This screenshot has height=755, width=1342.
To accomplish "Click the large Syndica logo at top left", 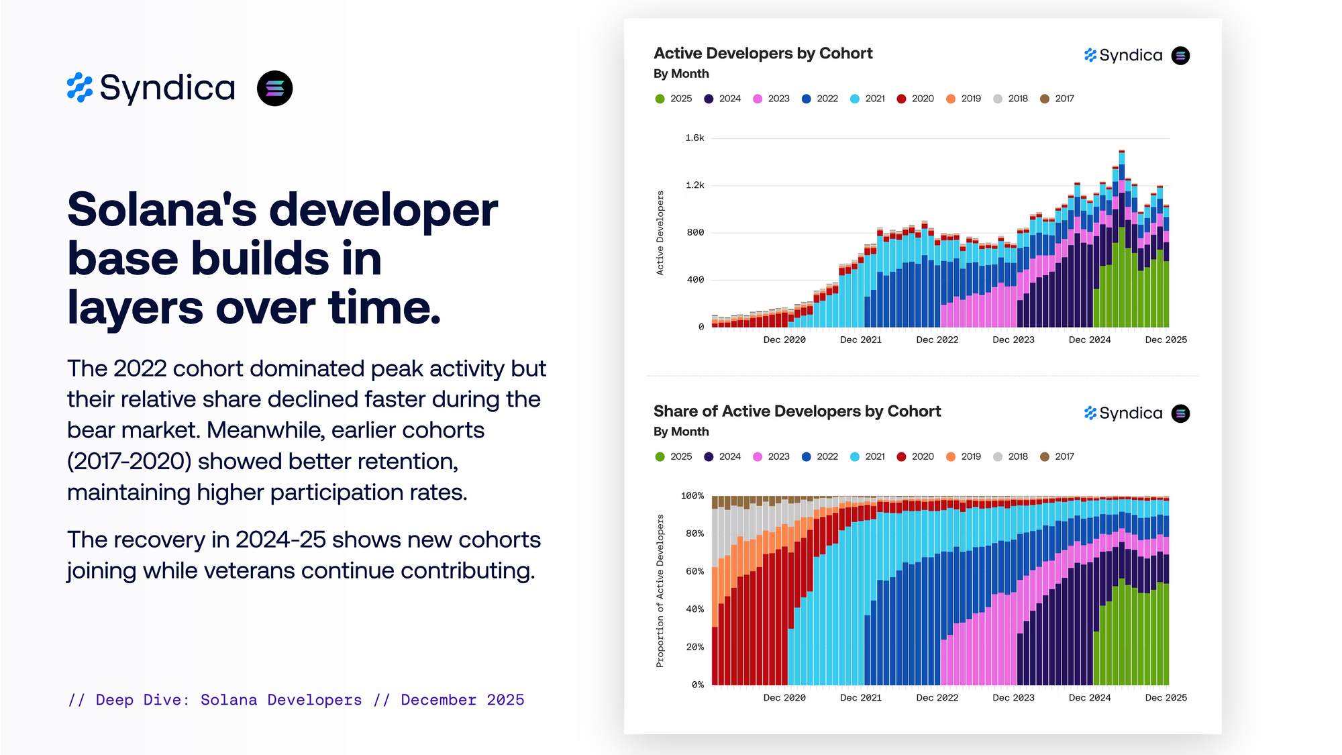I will (x=152, y=88).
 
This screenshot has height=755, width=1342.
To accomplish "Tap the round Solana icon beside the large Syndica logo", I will (x=275, y=89).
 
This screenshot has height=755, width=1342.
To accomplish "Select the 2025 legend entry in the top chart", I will (x=674, y=99).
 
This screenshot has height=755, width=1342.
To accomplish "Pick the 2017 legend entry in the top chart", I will (x=1057, y=99).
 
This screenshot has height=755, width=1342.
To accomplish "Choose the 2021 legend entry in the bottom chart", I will (x=868, y=456).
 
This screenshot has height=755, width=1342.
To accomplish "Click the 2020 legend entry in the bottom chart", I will (x=915, y=456).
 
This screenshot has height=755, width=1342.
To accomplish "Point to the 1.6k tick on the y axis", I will (x=694, y=138).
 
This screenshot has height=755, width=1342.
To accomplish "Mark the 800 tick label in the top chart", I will (x=695, y=232).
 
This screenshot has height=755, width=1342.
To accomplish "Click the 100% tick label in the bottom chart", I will (x=692, y=496).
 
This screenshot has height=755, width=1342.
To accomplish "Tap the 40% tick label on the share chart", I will (x=694, y=609).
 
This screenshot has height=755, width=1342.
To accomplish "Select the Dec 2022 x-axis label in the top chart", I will (x=937, y=340).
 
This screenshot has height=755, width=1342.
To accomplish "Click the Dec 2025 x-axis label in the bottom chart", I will (x=1166, y=698).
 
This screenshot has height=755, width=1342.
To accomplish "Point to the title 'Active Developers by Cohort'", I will (x=763, y=54).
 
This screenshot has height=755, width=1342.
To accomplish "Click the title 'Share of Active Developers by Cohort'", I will (x=797, y=411).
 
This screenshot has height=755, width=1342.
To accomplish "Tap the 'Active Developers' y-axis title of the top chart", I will (x=660, y=233).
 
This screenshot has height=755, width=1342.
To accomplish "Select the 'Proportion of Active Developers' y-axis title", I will (x=660, y=591).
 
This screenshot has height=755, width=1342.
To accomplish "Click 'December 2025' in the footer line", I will (x=462, y=700).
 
